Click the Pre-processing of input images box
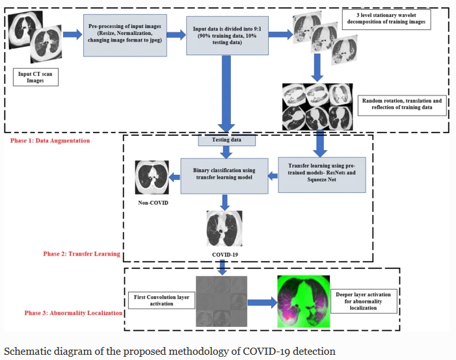[126, 31]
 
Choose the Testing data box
[227, 140]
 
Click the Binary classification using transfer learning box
[224, 175]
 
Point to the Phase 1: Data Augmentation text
[50, 140]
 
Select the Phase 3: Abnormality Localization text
[74, 312]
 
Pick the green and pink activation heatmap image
[302, 302]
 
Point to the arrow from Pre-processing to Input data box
[174, 33]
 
